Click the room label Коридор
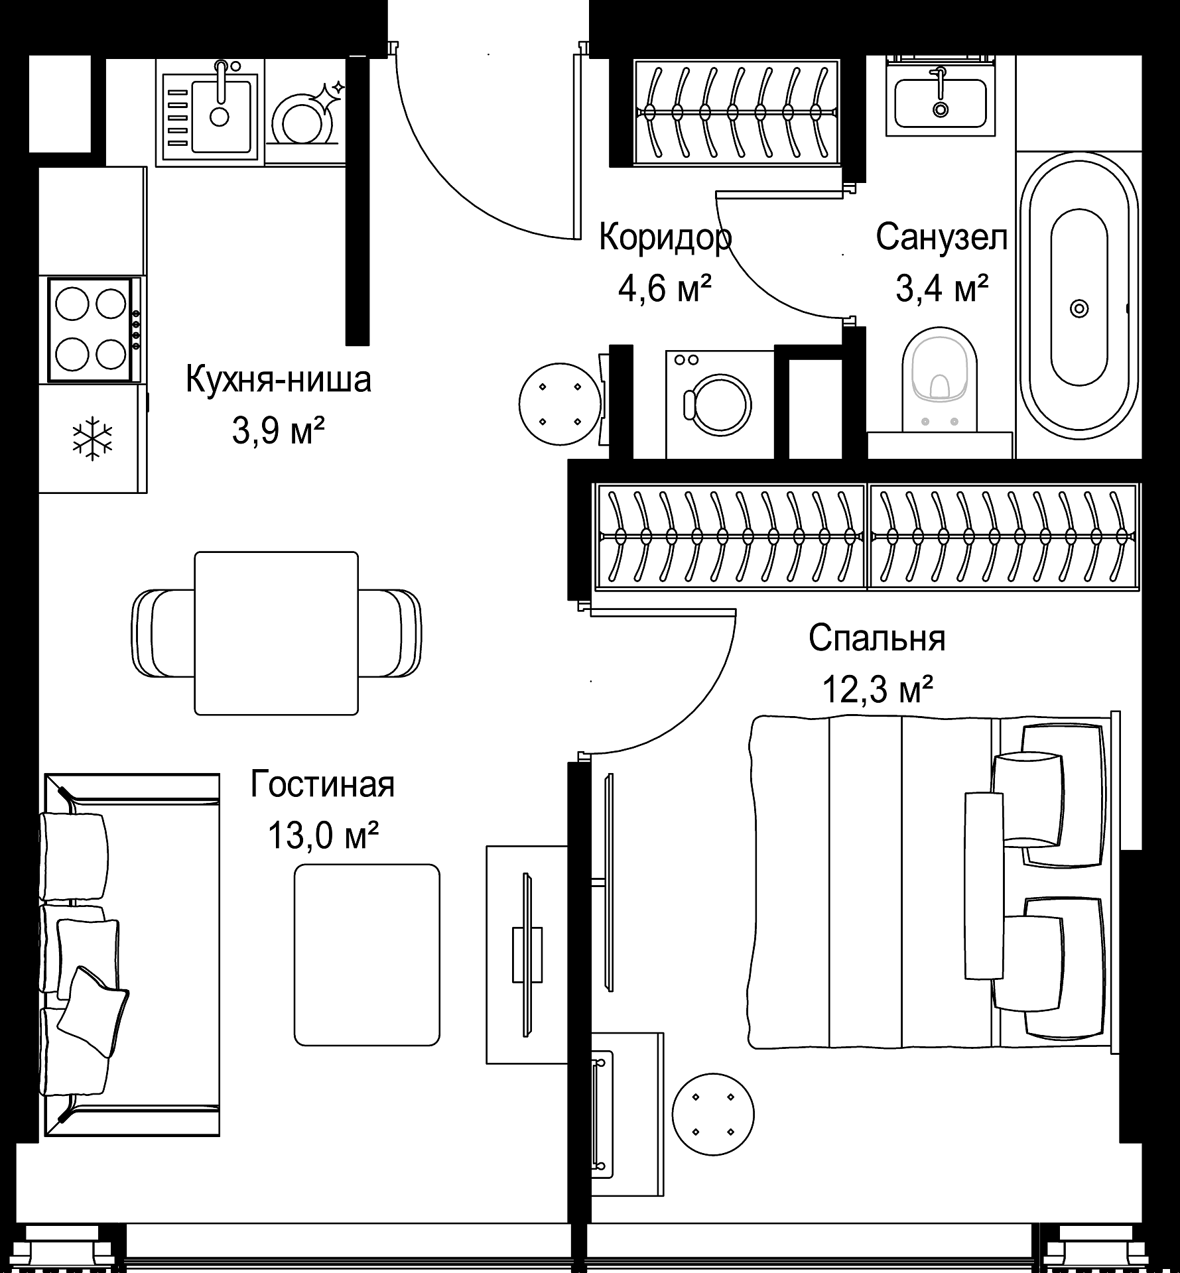tap(665, 239)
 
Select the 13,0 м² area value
tap(322, 835)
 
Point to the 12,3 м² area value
tap(878, 690)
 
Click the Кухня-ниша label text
tap(278, 380)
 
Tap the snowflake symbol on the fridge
tap(93, 438)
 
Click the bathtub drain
tap(1079, 309)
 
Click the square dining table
tap(276, 633)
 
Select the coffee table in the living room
tap(367, 955)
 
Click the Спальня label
tap(877, 638)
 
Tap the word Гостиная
tap(322, 784)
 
